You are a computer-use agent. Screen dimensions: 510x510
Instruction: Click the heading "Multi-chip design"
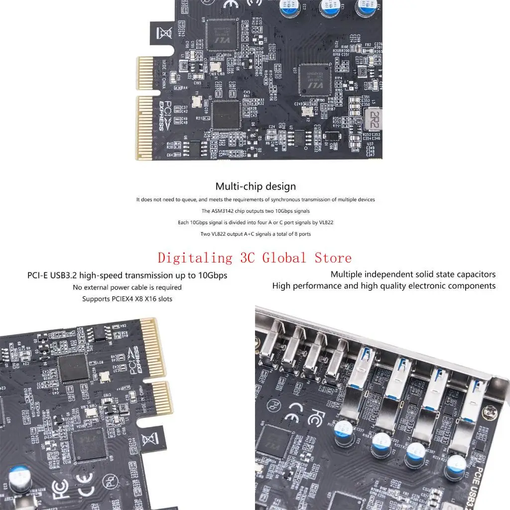255,187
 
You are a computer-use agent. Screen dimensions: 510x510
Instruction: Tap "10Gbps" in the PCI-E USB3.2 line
212,275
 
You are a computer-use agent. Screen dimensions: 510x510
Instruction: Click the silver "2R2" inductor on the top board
371,119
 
